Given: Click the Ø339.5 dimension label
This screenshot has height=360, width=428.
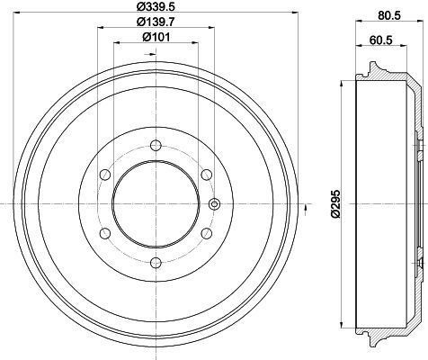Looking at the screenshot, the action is coord(156,6).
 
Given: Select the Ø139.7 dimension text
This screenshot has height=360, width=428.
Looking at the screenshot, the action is coord(156,22).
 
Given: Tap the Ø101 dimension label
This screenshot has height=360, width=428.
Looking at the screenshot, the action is coord(156,37).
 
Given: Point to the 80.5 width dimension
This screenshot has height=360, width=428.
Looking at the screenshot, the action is coord(389,15).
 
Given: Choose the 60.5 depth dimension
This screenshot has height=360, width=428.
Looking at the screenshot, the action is coord(380,40).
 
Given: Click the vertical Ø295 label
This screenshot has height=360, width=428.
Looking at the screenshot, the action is coord(335,203).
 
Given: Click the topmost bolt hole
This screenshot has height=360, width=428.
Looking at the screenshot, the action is coord(156,146).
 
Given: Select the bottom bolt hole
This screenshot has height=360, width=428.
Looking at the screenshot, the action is coord(156,263).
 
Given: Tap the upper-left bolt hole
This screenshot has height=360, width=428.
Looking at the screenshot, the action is coord(105,175).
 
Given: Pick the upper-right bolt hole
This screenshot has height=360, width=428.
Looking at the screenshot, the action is coord(207,175).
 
